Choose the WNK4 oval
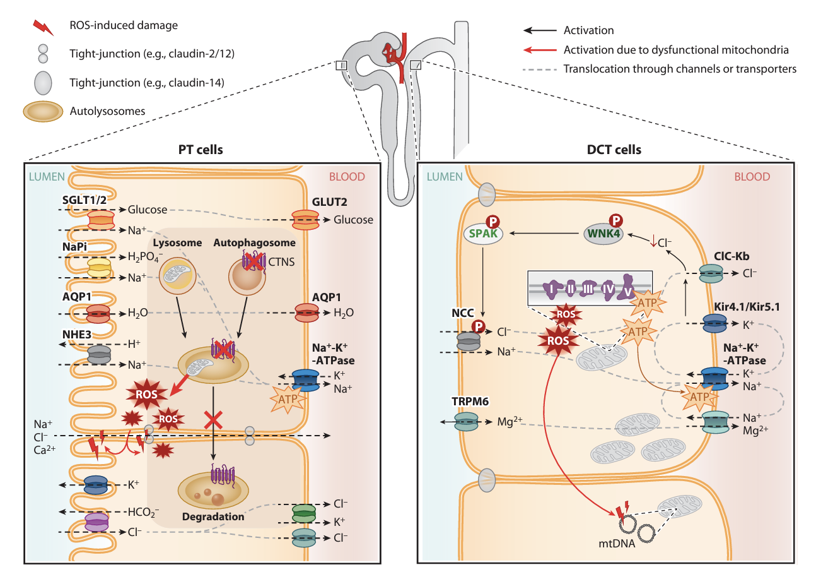click(604, 234)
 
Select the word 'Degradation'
click(213, 516)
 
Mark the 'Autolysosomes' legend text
click(108, 111)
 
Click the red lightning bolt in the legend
click(43, 27)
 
